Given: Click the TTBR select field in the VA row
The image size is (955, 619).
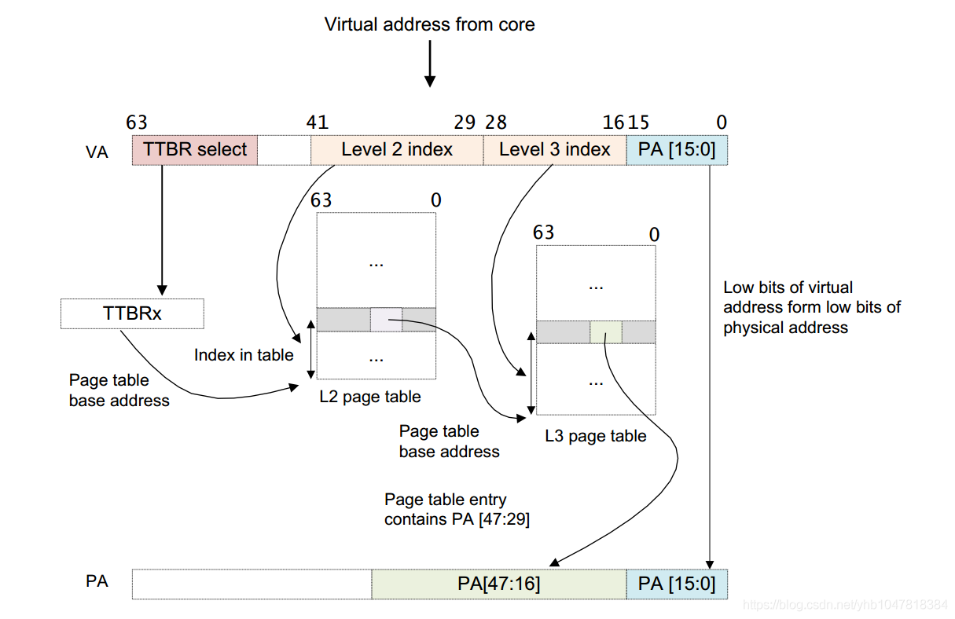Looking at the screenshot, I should click(x=195, y=150).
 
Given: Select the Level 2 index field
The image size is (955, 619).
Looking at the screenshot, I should click(x=397, y=150).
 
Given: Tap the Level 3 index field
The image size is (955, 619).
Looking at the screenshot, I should click(x=554, y=150).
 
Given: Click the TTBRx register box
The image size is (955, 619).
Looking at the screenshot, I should click(x=132, y=313).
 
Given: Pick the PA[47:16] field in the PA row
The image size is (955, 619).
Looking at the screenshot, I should click(x=498, y=584).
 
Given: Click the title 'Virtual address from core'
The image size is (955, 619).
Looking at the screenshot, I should click(x=429, y=24).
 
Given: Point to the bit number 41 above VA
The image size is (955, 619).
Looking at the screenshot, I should click(x=317, y=123).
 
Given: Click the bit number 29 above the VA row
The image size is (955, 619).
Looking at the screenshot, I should click(x=465, y=123).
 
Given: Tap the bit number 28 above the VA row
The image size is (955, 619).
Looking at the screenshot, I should click(x=496, y=123).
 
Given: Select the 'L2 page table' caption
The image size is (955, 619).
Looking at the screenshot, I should click(x=369, y=397).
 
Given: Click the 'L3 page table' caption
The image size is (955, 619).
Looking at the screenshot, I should click(x=595, y=436).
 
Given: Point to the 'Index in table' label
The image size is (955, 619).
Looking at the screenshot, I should click(x=244, y=355).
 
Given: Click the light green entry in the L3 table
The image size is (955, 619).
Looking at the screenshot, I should click(x=606, y=332).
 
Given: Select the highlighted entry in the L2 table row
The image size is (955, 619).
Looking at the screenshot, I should click(x=386, y=319).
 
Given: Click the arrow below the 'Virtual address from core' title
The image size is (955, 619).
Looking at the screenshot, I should click(x=429, y=65).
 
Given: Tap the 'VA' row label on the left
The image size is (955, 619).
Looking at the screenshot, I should click(x=97, y=152).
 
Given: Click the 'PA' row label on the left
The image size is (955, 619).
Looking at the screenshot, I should click(x=97, y=582).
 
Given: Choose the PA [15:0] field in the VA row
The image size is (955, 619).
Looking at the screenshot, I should click(x=677, y=150).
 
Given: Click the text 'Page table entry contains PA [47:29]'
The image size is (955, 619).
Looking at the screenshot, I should click(x=457, y=509).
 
